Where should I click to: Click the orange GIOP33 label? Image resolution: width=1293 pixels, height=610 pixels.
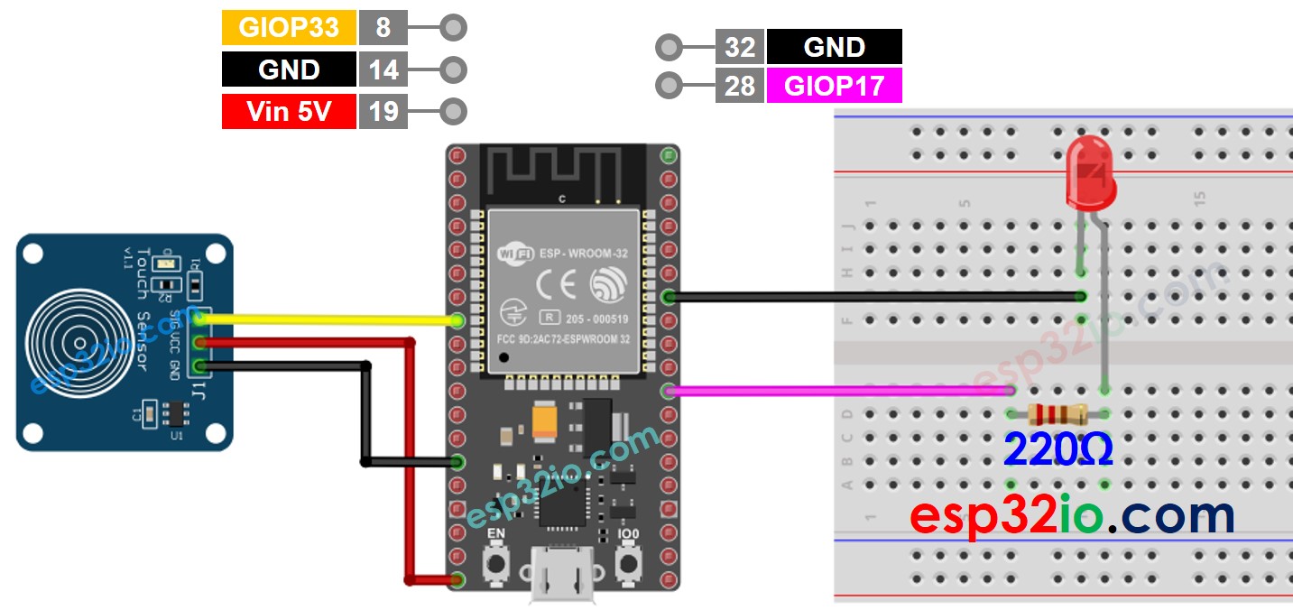coord(289,28)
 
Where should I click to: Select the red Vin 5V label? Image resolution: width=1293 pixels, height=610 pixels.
coord(289,112)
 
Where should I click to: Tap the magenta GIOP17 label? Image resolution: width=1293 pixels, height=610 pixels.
coord(834,87)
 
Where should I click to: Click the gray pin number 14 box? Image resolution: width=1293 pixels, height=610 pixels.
coord(383,69)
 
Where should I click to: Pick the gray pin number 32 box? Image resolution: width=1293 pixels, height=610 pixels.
coord(740,47)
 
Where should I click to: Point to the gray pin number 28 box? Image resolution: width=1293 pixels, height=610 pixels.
coord(740,87)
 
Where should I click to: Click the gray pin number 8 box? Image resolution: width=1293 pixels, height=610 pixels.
coord(383,28)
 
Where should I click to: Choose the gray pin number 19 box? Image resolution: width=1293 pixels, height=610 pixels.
coord(383,112)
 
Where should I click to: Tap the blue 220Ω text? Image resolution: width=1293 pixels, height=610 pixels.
coord(1057,449)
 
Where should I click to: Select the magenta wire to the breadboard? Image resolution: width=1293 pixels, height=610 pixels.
coord(839,391)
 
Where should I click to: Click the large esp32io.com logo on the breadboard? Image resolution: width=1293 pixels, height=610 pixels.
coord(1071,516)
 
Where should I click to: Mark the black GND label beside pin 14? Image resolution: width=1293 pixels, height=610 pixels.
coord(289,69)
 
